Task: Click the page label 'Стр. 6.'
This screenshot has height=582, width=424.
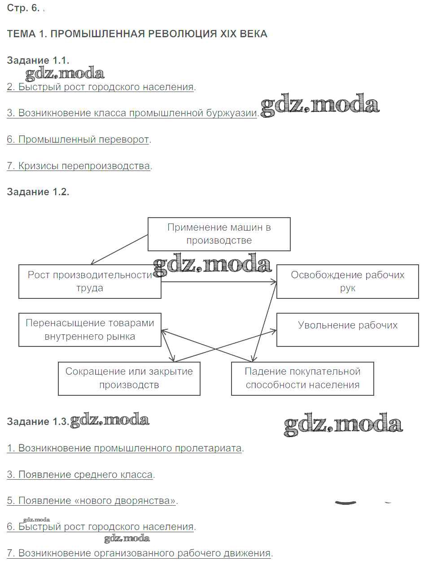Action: click(23, 8)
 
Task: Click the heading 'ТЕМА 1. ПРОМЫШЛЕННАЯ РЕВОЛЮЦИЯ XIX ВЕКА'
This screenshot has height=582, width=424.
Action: click(137, 34)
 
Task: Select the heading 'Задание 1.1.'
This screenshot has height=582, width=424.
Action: click(38, 60)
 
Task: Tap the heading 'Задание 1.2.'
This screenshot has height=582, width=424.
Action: click(38, 192)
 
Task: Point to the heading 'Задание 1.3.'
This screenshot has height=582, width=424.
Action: click(38, 421)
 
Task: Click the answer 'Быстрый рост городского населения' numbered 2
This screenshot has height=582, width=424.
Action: click(101, 87)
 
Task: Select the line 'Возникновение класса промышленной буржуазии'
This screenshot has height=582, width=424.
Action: click(132, 113)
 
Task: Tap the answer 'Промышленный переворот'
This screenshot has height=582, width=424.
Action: click(79, 139)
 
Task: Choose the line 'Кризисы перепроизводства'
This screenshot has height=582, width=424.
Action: click(79, 166)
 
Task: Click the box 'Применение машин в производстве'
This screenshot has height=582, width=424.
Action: click(219, 234)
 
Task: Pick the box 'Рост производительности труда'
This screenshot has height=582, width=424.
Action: click(90, 281)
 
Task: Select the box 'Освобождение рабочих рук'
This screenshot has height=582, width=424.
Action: click(347, 281)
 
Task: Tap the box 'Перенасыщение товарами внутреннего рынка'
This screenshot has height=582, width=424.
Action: click(90, 329)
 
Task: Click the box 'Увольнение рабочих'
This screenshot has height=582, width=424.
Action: click(347, 329)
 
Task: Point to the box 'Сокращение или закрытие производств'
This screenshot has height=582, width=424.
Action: click(129, 378)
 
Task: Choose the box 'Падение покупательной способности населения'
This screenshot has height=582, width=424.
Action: click(302, 378)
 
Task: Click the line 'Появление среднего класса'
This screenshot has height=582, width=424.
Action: click(80, 474)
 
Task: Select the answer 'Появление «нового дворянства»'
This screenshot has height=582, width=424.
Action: click(92, 500)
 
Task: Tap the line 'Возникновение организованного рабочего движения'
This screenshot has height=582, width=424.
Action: click(139, 553)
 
